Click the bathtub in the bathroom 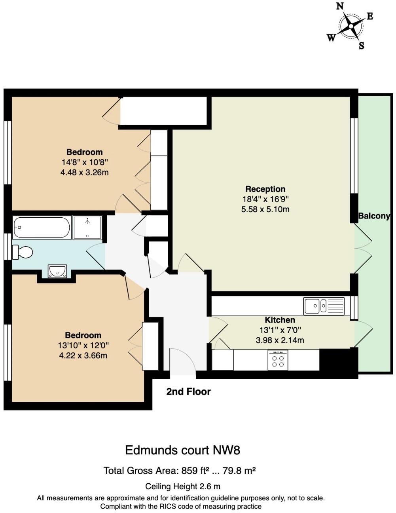42,228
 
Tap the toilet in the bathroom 22,252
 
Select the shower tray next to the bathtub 87,228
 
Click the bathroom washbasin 57,272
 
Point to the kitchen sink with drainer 324,306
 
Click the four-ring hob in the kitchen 278,361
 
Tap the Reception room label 265,189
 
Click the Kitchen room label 280,320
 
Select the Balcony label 374,216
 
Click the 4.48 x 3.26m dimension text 85,172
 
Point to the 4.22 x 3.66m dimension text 83,355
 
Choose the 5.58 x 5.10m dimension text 265,209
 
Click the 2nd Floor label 188,391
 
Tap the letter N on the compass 340,6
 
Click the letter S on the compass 361,46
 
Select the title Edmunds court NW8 182,450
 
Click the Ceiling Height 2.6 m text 182,486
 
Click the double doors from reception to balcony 363,249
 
